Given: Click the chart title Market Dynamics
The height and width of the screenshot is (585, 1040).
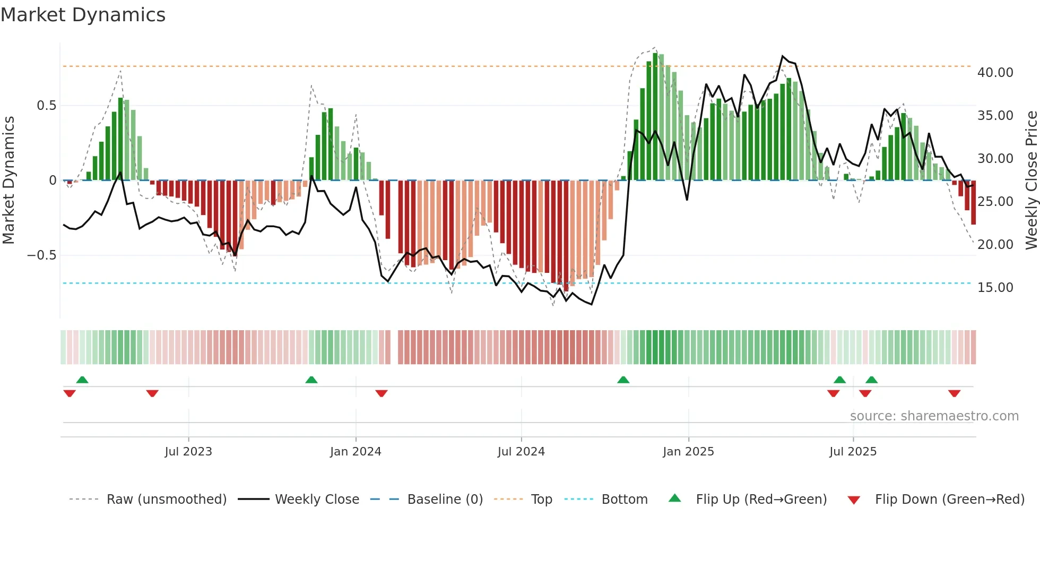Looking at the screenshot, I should (83, 15).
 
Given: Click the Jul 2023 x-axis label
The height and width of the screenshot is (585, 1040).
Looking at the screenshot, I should (188, 452).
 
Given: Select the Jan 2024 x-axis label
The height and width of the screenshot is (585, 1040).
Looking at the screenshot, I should (355, 452).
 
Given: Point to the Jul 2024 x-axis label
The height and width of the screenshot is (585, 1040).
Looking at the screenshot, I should (521, 452).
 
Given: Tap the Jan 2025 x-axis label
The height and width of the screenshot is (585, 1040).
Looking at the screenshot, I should (688, 452).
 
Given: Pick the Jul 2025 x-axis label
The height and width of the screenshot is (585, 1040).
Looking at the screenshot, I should (852, 452).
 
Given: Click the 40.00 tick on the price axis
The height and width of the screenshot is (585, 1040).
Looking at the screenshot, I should (995, 73).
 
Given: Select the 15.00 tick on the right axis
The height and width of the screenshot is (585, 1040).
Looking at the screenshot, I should (995, 288).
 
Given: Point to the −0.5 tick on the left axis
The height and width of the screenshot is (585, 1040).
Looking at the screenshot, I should (41, 255).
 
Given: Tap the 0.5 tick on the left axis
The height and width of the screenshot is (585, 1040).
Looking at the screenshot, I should (46, 106).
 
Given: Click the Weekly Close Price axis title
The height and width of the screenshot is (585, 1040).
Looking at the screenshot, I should (1031, 180).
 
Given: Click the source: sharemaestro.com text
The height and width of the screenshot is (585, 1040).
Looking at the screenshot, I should (934, 416).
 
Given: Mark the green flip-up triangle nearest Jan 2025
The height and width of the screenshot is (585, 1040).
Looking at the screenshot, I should (623, 380).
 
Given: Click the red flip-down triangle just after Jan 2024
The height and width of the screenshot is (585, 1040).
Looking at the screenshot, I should (381, 393).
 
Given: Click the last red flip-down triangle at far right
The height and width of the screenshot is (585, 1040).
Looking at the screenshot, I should (954, 393).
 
